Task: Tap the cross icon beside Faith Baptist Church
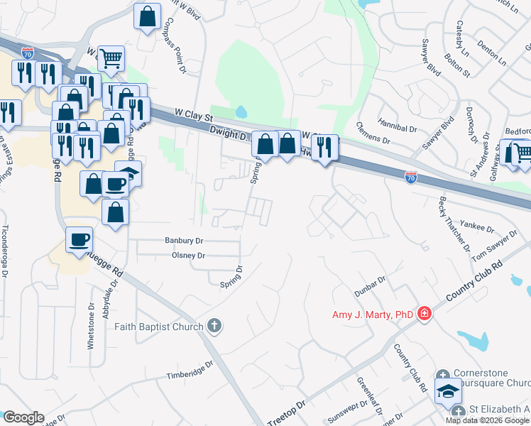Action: [x=214, y=327]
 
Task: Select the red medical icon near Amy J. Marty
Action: [x=425, y=313]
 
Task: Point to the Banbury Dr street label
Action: [x=184, y=241]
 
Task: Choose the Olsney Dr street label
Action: [x=188, y=255]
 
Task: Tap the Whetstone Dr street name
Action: [x=91, y=326]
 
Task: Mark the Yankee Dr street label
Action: [x=481, y=228]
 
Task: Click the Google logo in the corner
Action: [x=23, y=417]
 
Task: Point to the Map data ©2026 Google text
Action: [x=488, y=420]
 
